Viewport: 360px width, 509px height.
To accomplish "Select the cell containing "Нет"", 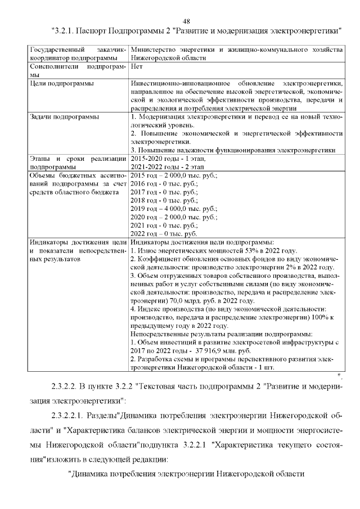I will coord(136,66).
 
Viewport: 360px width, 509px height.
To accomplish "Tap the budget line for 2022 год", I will coord(164,233).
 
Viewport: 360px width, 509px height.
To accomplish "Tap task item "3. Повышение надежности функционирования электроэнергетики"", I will coord(233,150).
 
